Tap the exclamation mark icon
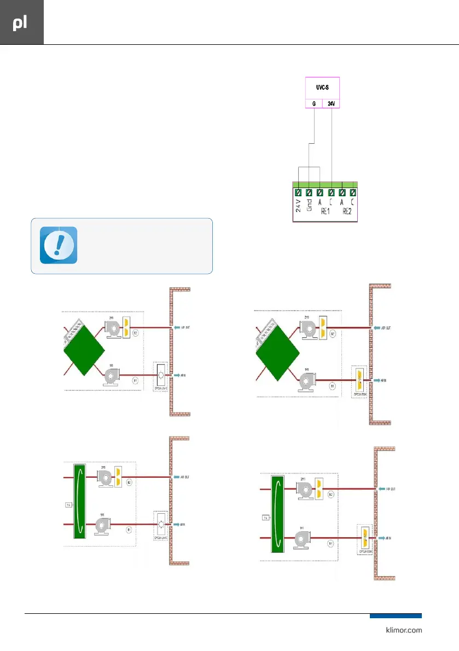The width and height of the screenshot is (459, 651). click(x=59, y=245)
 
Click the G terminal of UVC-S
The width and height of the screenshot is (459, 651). click(x=313, y=103)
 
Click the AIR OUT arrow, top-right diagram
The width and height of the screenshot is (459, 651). click(x=376, y=328)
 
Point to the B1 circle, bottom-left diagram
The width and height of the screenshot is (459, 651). click(x=130, y=529)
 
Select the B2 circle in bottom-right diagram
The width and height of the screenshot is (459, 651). click(x=331, y=494)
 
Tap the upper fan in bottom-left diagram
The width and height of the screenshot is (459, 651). click(x=104, y=477)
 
